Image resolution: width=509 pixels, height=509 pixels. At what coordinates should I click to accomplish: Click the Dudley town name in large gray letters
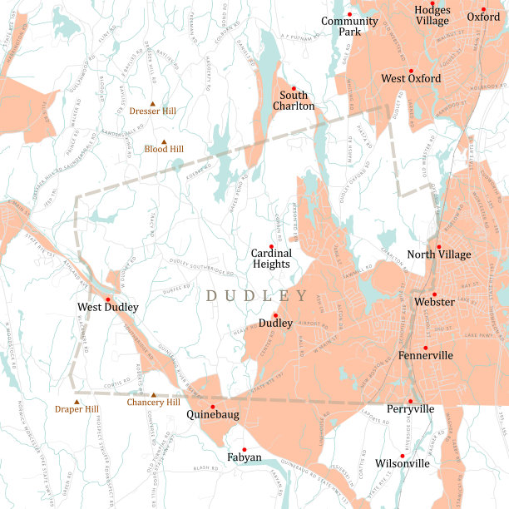click(257, 296)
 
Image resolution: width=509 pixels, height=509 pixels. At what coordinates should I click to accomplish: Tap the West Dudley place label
click(107, 307)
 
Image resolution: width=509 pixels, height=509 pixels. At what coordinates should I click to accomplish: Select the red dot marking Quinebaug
click(213, 407)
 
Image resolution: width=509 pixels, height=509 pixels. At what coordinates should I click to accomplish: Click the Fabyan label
click(245, 457)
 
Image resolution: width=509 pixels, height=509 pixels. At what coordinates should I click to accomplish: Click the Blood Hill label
click(164, 149)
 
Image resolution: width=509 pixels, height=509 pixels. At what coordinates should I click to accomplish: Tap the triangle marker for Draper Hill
click(77, 402)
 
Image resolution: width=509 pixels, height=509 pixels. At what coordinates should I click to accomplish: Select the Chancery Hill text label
click(153, 403)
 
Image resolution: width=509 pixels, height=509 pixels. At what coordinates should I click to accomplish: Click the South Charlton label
click(294, 101)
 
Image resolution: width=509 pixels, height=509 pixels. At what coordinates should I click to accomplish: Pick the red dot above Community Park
click(350, 14)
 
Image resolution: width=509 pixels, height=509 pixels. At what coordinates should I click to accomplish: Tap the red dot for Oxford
click(484, 9)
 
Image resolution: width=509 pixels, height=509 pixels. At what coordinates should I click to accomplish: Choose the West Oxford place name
click(411, 78)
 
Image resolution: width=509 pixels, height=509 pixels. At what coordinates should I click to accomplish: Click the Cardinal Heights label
click(271, 258)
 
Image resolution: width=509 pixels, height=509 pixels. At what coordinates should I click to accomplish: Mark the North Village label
click(438, 255)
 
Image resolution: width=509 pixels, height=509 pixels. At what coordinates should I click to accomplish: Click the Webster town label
click(434, 302)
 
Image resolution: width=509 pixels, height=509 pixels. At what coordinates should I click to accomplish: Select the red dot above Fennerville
click(425, 348)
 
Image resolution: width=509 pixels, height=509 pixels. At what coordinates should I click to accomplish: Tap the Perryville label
click(410, 409)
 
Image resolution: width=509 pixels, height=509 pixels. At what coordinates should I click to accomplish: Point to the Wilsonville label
click(403, 463)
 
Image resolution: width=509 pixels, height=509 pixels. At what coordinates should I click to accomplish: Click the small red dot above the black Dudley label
click(275, 315)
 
